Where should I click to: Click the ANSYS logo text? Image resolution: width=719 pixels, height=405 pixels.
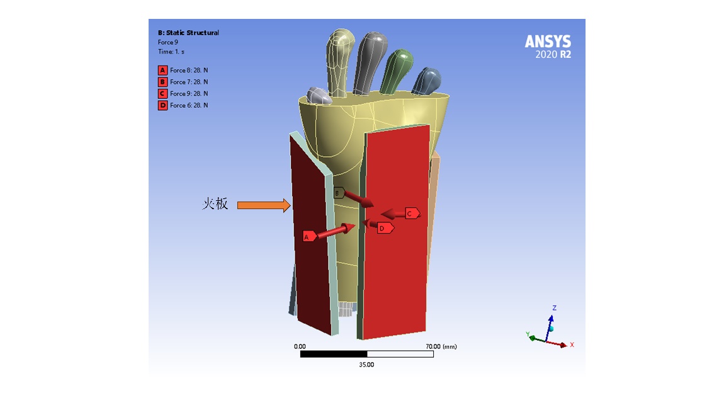(548, 42)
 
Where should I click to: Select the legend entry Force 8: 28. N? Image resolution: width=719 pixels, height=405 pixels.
(188, 71)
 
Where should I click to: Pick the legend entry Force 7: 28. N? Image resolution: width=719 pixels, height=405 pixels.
(188, 82)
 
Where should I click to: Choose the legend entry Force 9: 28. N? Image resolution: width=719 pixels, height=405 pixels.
(188, 94)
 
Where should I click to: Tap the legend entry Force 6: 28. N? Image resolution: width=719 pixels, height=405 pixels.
(188, 105)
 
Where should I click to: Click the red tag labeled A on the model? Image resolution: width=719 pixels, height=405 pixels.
(309, 237)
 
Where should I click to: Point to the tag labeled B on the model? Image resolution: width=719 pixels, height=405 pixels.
(339, 193)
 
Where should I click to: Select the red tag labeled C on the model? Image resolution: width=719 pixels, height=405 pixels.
(411, 214)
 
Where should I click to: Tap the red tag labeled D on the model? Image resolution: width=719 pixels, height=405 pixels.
(385, 228)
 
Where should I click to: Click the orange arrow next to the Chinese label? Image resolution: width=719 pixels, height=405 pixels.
(263, 205)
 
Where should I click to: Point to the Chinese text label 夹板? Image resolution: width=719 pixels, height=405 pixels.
(215, 204)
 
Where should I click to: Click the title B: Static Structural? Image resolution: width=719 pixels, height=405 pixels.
(188, 33)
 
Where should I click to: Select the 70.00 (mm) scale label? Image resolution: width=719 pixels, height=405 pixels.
(441, 346)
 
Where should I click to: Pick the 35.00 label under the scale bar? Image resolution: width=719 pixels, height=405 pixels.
(366, 365)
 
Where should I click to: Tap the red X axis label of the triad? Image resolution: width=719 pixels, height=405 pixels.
(572, 345)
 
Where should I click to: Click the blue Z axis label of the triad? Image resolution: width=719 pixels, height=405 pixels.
(554, 308)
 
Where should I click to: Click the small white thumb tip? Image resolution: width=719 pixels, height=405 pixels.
(319, 96)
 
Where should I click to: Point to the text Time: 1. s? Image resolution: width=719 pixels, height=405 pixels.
(171, 52)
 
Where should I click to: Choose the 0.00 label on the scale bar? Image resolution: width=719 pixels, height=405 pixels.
(300, 346)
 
